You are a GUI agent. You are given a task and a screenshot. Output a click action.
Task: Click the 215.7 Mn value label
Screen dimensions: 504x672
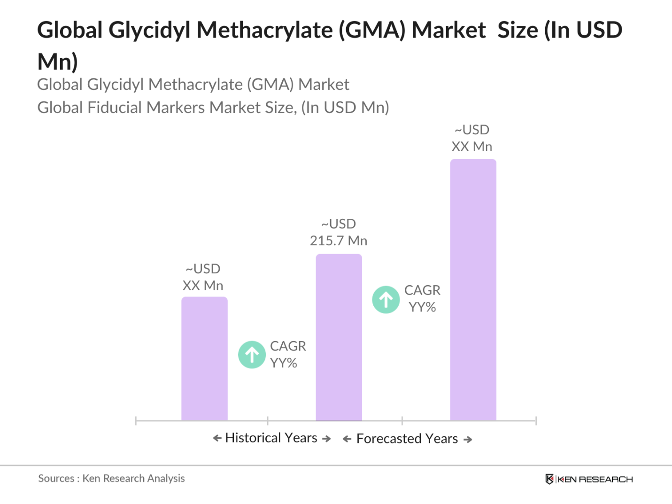pyautogui.click(x=339, y=233)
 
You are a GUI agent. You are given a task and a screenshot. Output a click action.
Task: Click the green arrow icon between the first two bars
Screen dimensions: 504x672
pyautogui.click(x=252, y=355)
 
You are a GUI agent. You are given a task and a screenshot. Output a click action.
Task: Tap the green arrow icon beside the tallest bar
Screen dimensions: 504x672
pyautogui.click(x=386, y=300)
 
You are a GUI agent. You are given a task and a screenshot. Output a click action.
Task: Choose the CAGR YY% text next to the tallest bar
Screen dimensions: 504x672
pyautogui.click(x=422, y=299)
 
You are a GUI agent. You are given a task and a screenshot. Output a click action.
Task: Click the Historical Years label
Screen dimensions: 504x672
pyautogui.click(x=271, y=438)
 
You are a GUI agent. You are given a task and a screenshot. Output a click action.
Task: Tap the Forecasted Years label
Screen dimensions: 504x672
pyautogui.click(x=407, y=439)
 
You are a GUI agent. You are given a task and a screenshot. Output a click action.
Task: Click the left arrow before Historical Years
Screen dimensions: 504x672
pyautogui.click(x=217, y=438)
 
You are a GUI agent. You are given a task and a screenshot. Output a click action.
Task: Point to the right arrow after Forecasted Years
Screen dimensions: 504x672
pyautogui.click(x=468, y=440)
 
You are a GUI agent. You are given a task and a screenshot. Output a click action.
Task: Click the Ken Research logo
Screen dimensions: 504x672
pyautogui.click(x=589, y=479)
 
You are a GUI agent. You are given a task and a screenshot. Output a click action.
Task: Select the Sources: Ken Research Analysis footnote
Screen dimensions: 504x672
pyautogui.click(x=111, y=479)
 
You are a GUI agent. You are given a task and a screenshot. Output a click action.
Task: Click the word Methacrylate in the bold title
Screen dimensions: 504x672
pyautogui.click(x=265, y=31)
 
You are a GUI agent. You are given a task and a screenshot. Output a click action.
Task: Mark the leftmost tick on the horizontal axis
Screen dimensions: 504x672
pyautogui.click(x=136, y=421)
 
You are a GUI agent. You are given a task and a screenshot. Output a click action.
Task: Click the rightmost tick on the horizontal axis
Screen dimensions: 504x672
pyautogui.click(x=536, y=421)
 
